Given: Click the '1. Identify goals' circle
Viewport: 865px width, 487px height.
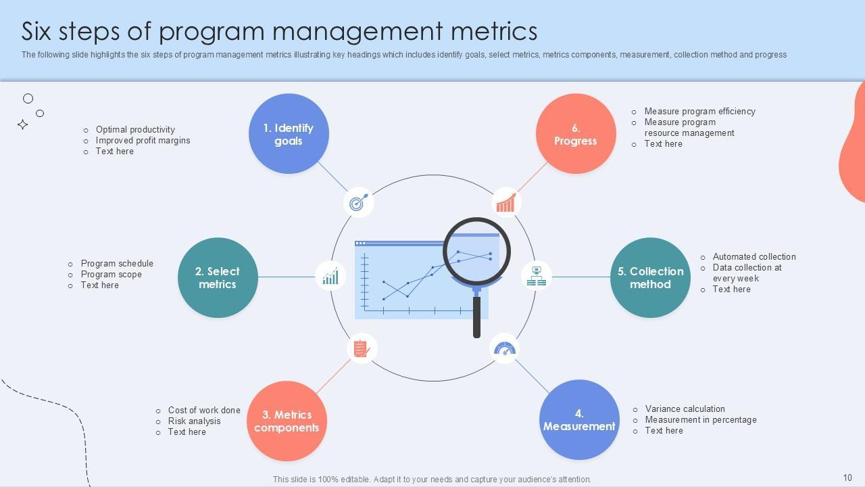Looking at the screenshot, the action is click(x=289, y=134).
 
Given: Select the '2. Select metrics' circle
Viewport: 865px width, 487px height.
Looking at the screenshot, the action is click(x=218, y=277).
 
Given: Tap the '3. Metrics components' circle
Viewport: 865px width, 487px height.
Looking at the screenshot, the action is click(x=287, y=421).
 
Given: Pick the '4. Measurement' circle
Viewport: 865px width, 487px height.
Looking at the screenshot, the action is click(x=579, y=419).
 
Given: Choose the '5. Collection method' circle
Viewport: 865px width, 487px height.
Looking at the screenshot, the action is click(x=650, y=277).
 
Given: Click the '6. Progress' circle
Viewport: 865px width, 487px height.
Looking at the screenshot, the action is click(x=576, y=134).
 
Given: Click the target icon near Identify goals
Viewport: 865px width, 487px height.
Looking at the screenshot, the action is click(x=359, y=202).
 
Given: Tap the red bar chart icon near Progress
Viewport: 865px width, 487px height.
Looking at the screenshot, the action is click(x=506, y=202).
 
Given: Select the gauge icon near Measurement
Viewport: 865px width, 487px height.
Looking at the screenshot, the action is click(x=505, y=348).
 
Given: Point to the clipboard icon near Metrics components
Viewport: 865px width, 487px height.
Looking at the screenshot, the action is click(x=362, y=348).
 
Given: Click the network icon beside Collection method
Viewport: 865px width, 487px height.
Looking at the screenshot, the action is click(x=537, y=276).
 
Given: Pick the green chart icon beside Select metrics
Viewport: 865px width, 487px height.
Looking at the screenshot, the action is click(x=330, y=276).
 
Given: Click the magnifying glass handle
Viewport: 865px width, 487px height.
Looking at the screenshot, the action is click(x=476, y=316).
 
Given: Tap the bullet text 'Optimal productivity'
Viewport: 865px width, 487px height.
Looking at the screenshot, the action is click(x=135, y=129).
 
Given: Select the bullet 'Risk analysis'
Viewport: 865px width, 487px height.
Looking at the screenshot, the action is click(x=194, y=421).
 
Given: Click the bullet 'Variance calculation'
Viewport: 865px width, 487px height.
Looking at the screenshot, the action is click(x=685, y=409).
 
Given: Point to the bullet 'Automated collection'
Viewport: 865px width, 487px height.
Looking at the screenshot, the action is click(x=754, y=256).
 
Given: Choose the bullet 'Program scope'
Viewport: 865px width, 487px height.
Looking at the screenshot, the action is click(x=112, y=274).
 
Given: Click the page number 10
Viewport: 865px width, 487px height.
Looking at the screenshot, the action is click(x=847, y=478).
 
